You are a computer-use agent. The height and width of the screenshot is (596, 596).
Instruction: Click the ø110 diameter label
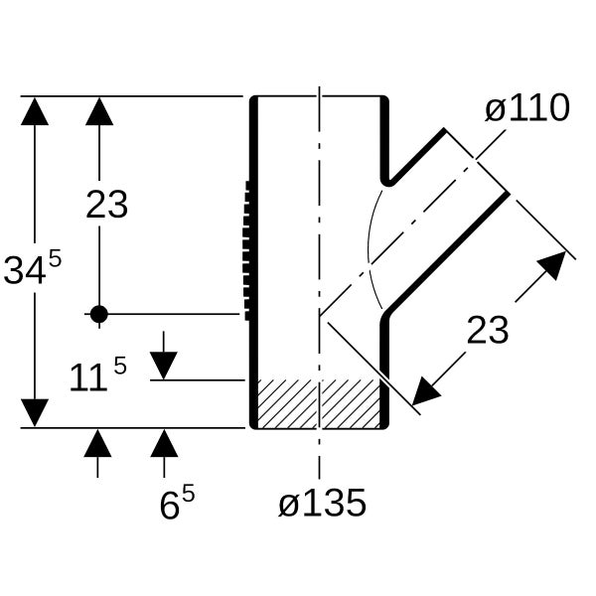coord(527,108)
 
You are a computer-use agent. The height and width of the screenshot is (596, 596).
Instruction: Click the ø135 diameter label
coord(322,504)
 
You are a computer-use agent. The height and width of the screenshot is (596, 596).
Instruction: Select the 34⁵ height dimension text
coord(33,267)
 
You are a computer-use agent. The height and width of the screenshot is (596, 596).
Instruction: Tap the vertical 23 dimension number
coord(107,205)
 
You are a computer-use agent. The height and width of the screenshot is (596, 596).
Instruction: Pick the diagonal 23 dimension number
coord(488,331)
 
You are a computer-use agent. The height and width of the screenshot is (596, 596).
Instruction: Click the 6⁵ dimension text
coord(177,503)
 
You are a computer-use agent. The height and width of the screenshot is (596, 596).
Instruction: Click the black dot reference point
coord(99,314)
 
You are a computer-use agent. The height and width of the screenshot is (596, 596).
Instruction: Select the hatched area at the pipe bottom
coord(319,403)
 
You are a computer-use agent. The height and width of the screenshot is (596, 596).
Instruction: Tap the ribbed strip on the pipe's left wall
coord(247,251)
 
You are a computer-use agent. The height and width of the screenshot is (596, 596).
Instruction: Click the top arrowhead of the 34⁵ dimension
coord(35,111)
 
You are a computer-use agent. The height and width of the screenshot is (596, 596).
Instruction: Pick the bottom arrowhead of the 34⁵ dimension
coord(35,413)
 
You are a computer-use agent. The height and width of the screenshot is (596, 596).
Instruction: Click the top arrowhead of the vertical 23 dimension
coord(99,111)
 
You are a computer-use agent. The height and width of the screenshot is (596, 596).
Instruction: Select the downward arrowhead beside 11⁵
coord(164,366)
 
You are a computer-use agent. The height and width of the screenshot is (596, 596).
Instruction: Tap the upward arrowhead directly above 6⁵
coord(164,443)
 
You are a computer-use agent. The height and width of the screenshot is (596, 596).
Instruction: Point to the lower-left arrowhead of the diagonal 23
coord(425,392)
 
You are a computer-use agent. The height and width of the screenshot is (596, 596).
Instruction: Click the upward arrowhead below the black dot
coord(97,443)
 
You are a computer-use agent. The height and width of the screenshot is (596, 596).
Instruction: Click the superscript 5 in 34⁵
coord(55,259)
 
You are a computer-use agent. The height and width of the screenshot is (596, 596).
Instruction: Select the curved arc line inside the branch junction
coord(369,249)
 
